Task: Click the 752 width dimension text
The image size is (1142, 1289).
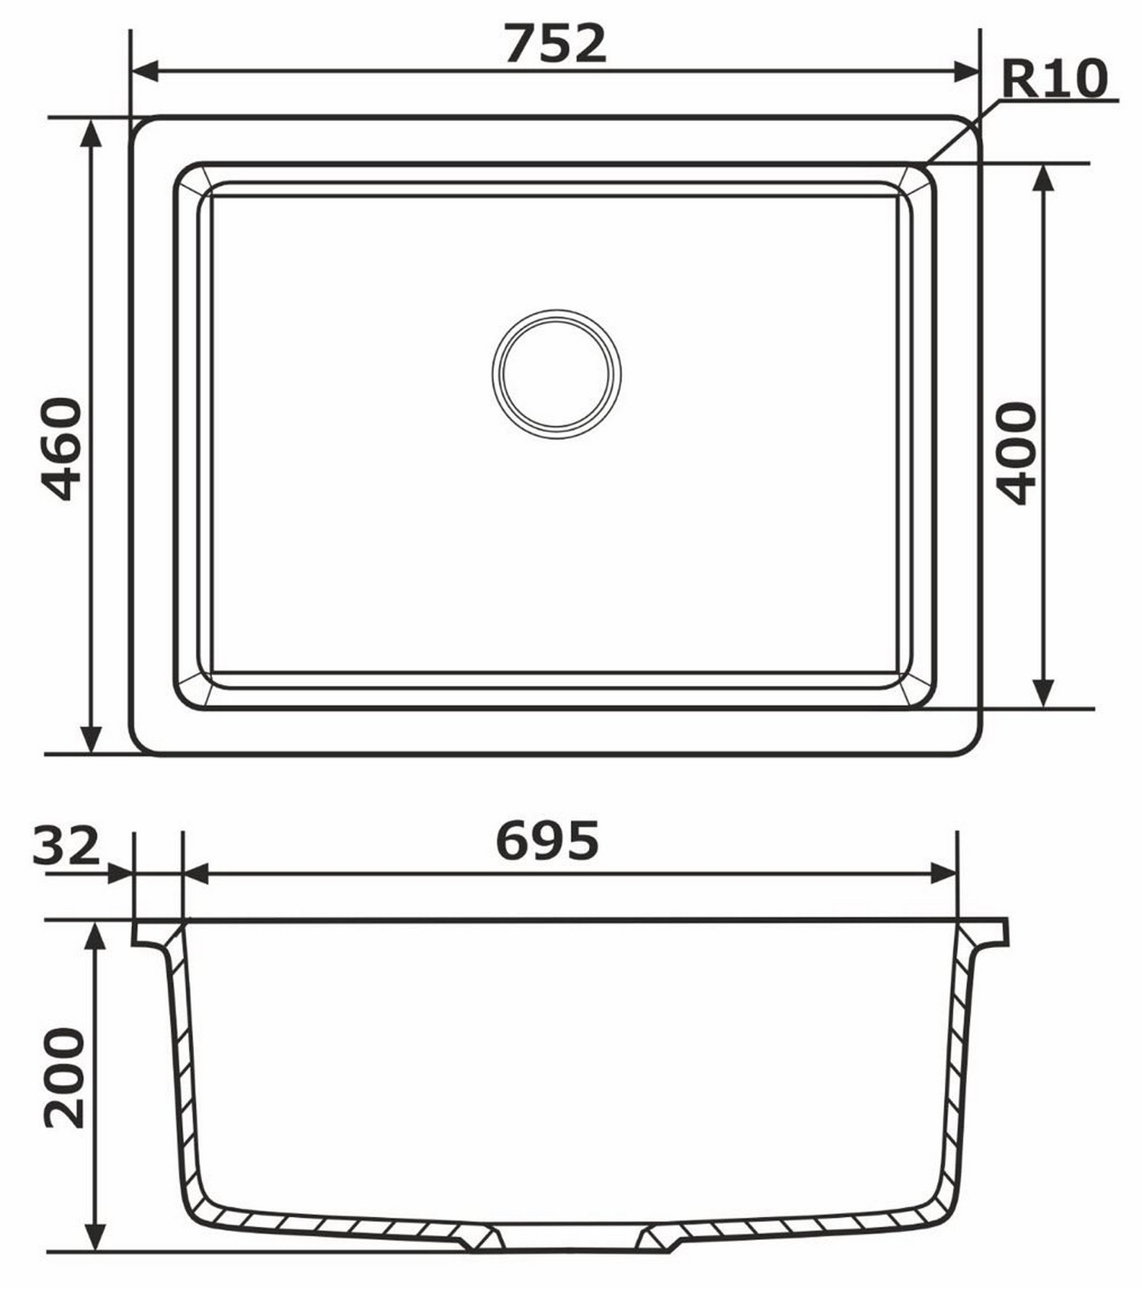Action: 555,44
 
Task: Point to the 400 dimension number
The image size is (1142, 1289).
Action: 1017,453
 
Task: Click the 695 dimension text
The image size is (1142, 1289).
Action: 547,841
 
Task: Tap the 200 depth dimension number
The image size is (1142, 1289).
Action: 64,1078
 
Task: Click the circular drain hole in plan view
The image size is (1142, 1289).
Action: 557,374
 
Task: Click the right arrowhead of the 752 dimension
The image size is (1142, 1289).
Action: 966,71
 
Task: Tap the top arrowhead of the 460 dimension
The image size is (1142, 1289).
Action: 91,133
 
